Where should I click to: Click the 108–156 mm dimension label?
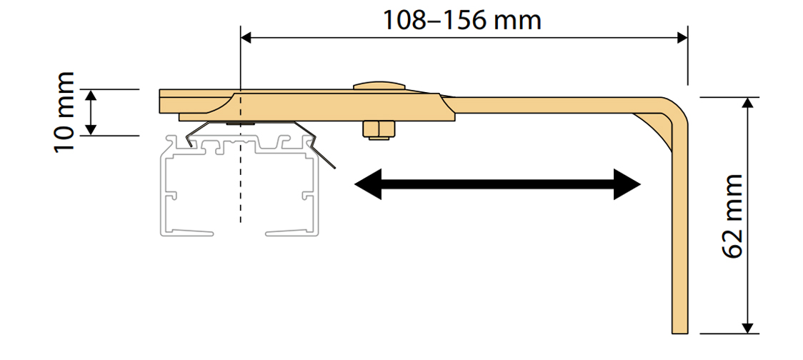point(462,19)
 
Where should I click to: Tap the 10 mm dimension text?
point(64,111)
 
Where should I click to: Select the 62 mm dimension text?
point(733,215)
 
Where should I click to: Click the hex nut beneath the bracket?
point(379,130)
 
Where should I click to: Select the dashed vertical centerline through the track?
point(241,186)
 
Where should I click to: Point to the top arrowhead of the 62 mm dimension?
point(747,102)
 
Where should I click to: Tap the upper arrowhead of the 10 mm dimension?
point(91,96)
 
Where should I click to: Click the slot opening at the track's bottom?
point(241,231)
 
